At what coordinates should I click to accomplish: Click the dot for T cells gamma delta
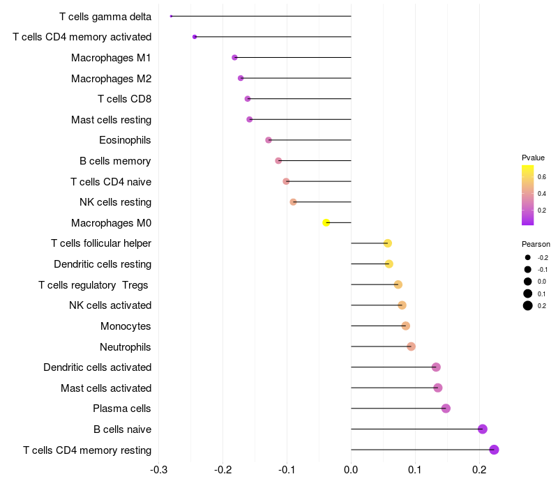(171, 16)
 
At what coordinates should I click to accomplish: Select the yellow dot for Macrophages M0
(326, 222)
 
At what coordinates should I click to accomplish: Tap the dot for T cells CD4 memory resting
(494, 450)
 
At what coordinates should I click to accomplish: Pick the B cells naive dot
(483, 429)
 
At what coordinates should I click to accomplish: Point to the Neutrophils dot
(411, 346)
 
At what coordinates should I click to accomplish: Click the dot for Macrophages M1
(234, 57)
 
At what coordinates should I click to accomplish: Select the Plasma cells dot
(446, 409)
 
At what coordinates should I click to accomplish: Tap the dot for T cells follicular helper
(388, 243)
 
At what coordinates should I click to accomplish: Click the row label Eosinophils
(125, 140)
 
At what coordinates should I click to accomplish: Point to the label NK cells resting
(115, 202)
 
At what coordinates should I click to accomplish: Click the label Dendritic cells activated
(97, 367)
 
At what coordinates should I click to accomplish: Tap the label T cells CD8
(124, 99)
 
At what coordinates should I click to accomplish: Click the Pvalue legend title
(533, 158)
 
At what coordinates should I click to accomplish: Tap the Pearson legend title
(536, 244)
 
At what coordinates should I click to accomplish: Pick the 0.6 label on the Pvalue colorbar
(542, 177)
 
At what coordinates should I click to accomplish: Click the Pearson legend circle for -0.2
(528, 258)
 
